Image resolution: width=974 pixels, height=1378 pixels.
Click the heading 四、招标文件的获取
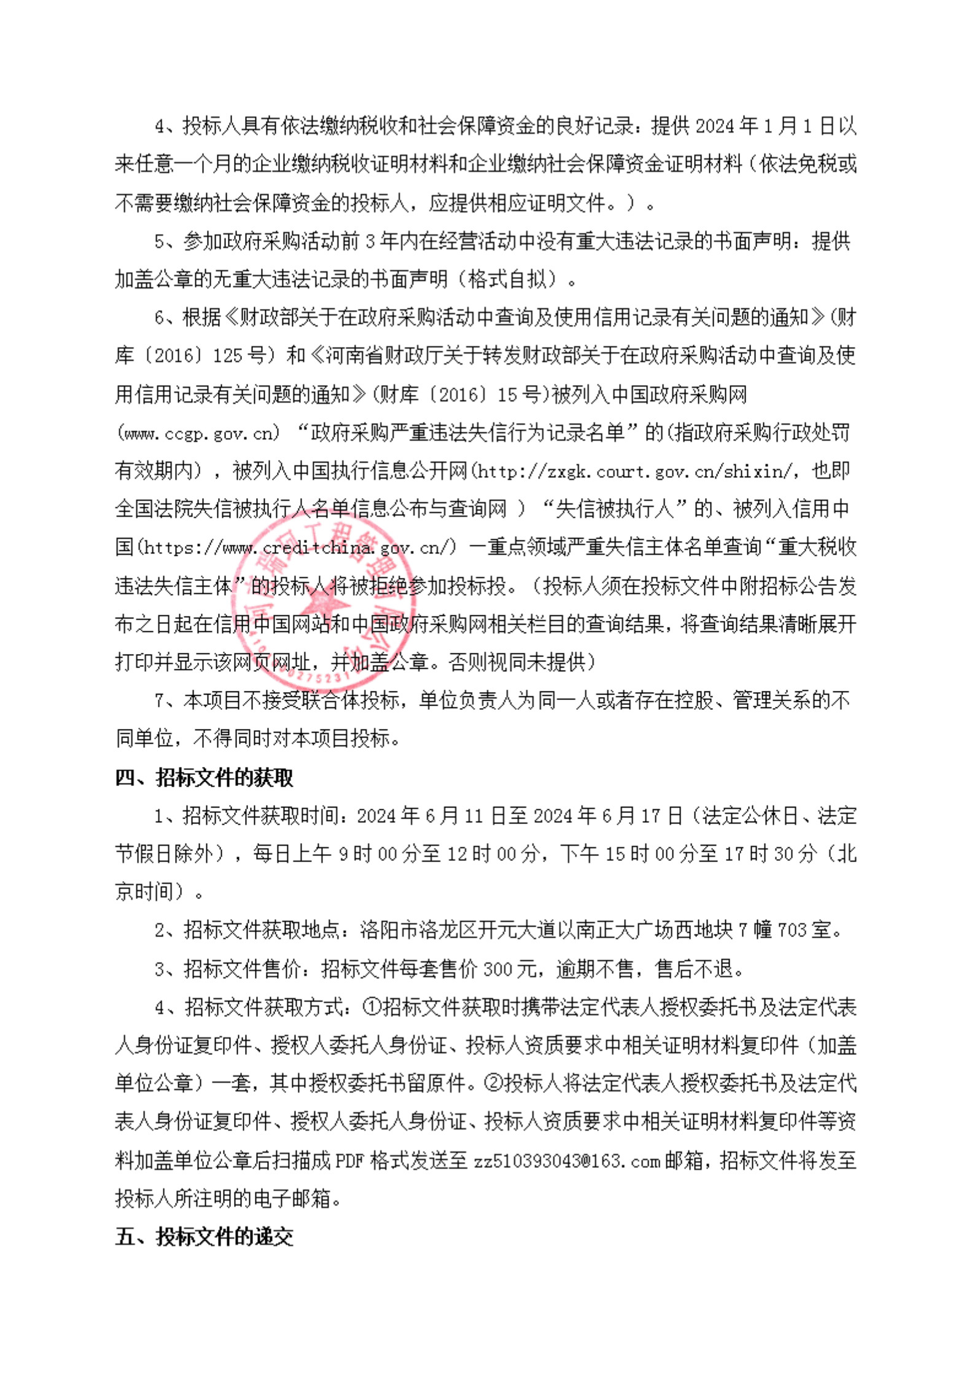pos(204,777)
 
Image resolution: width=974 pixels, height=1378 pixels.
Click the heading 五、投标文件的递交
pos(204,1236)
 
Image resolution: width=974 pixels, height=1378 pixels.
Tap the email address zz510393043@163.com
pos(566,1161)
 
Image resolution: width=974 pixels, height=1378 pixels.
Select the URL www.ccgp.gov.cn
pos(198,434)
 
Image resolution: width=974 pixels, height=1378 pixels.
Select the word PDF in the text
pos(350,1161)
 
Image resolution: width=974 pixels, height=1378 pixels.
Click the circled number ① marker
pos(372,1007)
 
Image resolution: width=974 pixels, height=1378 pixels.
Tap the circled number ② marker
pos(494,1083)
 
